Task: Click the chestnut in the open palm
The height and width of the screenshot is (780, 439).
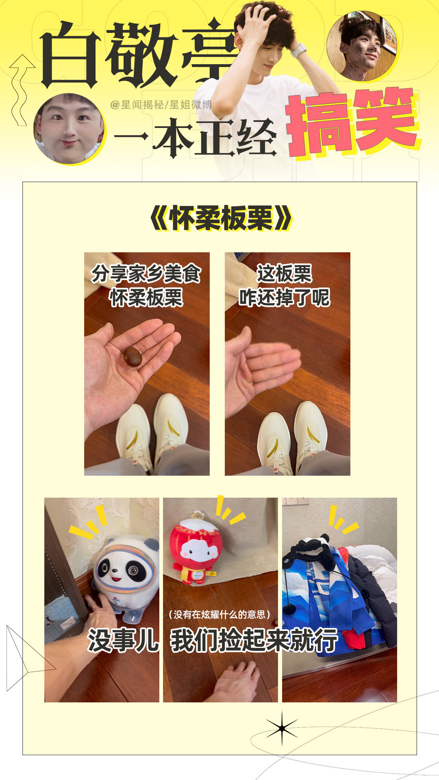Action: [x=133, y=357]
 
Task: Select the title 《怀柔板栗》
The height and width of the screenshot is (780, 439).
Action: [x=221, y=219]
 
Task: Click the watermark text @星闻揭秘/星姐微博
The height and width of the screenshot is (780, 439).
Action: [x=161, y=105]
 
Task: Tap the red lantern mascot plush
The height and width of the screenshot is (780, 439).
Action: [x=194, y=547]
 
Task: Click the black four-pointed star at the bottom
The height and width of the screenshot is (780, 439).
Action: [x=282, y=728]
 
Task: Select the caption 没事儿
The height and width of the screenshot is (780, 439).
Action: [x=123, y=641]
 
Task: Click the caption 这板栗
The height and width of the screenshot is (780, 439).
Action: [x=285, y=273]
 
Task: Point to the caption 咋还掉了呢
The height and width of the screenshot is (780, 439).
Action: [x=285, y=297]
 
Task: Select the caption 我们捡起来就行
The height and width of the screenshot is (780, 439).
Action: [x=254, y=641]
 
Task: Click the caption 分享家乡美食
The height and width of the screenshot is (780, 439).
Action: [x=146, y=273]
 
